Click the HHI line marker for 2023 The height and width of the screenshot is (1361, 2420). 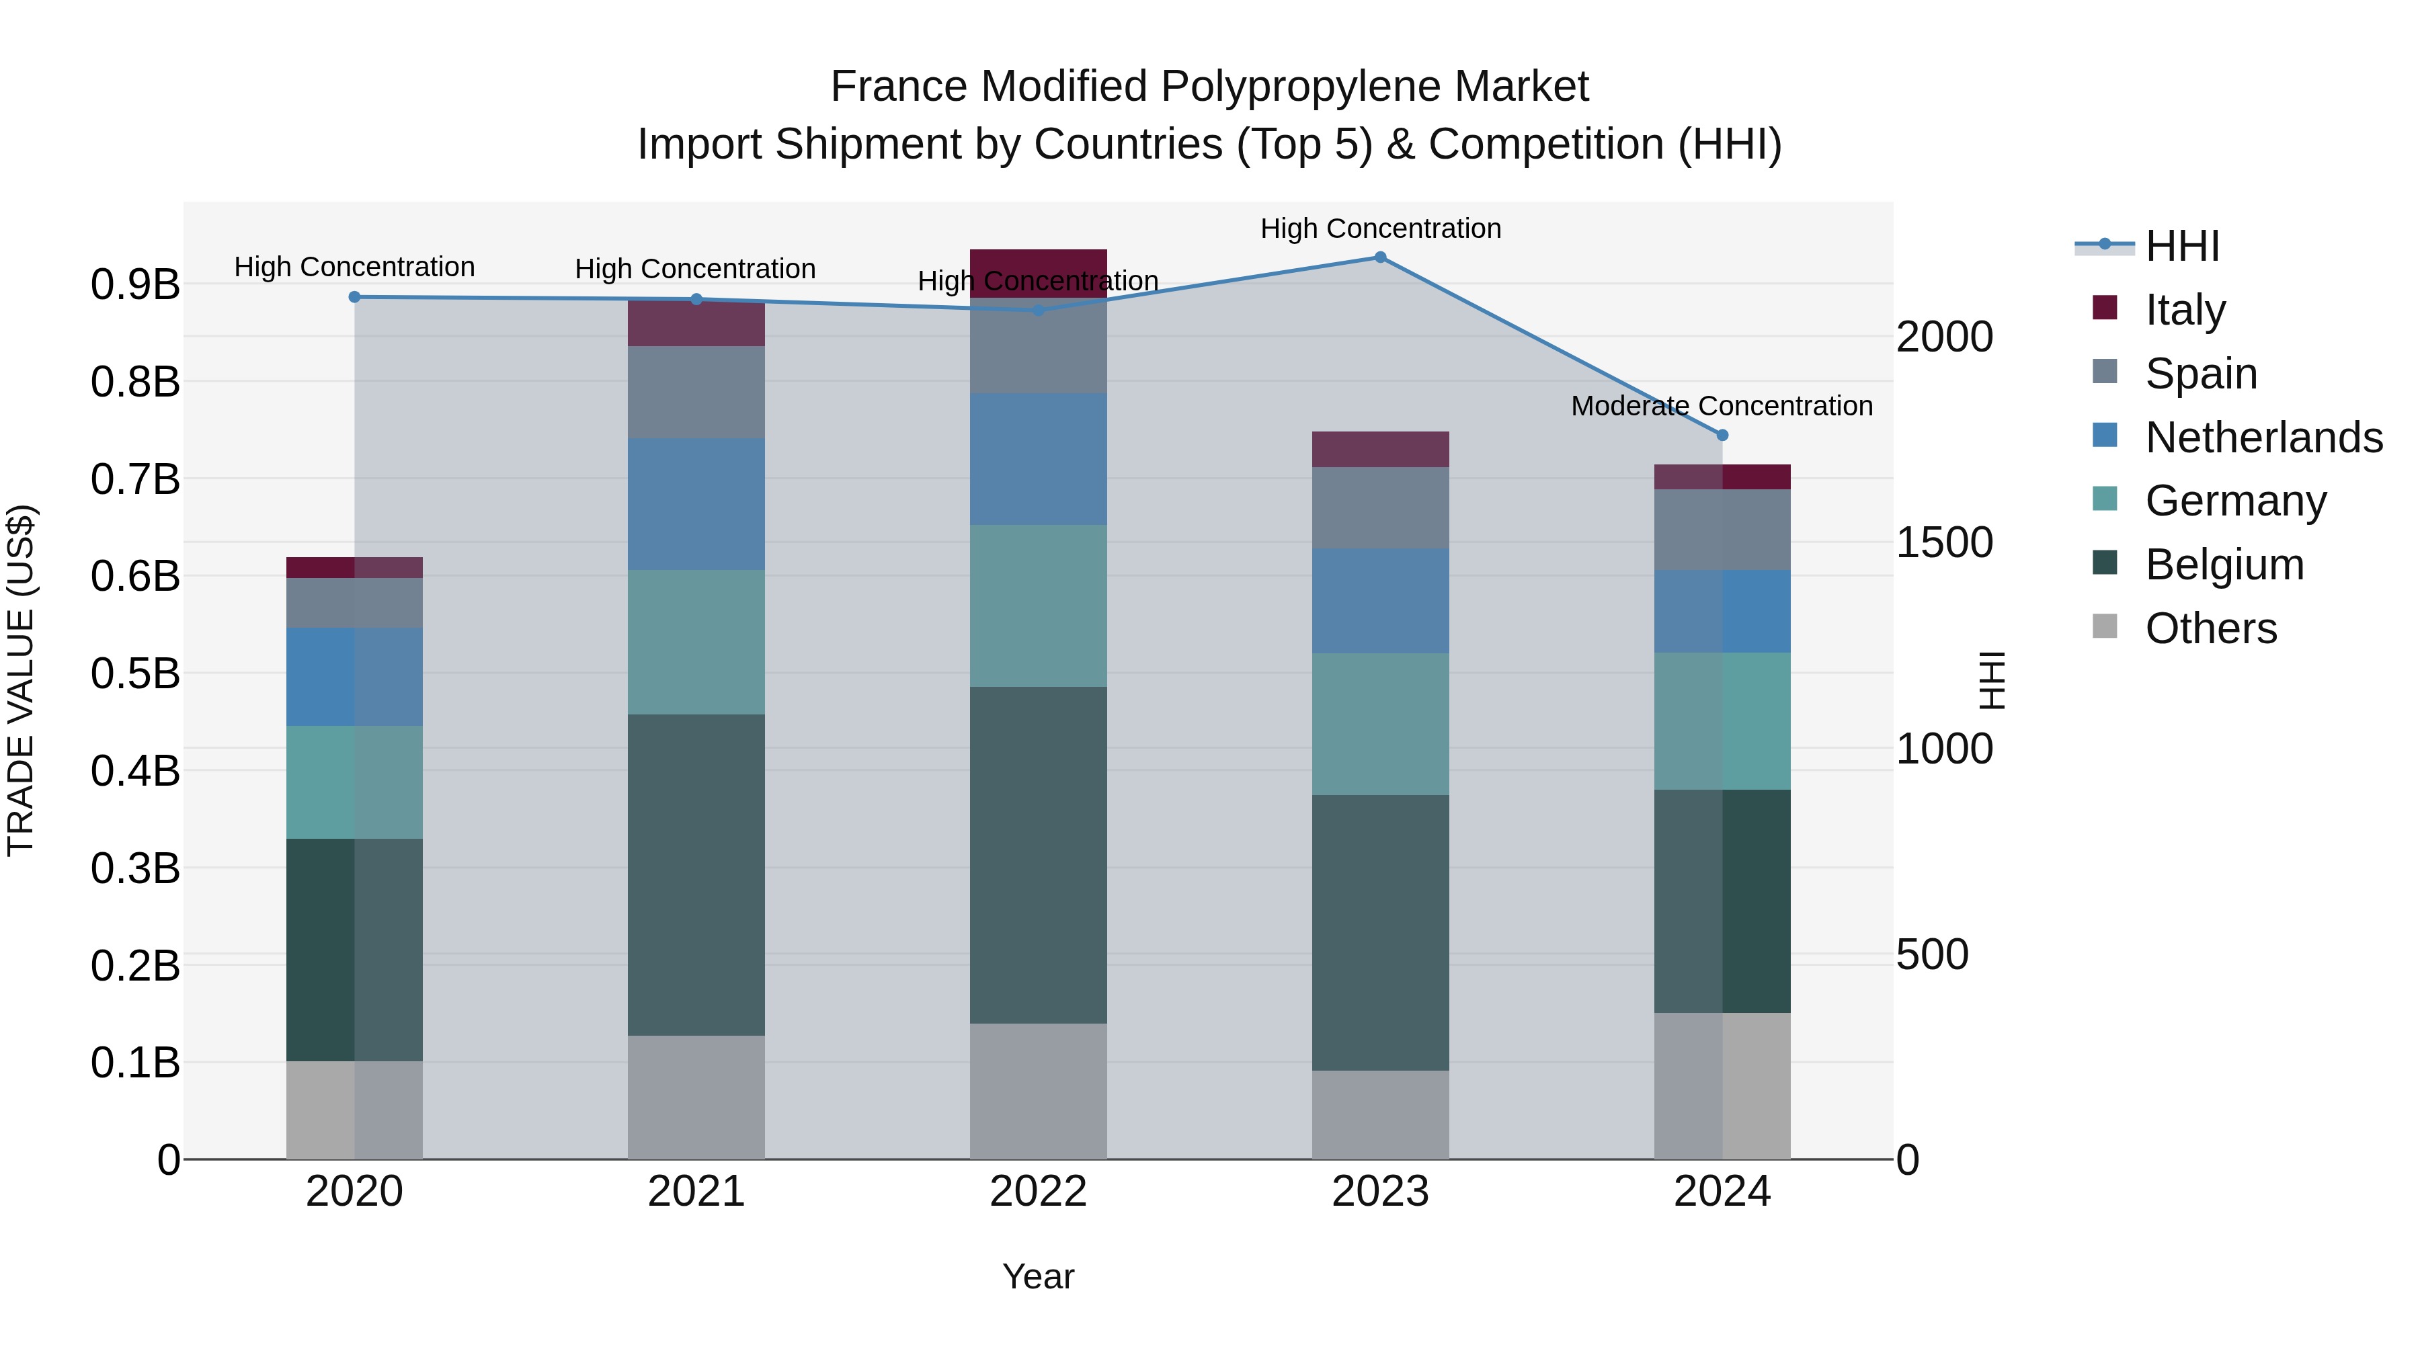(1380, 257)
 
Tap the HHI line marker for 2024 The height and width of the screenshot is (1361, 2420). (1722, 436)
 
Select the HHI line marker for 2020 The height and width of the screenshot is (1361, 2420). (354, 298)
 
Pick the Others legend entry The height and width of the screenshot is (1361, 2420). (2210, 628)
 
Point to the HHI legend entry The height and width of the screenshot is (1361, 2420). (2182, 246)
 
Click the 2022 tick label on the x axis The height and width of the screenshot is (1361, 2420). (1038, 1192)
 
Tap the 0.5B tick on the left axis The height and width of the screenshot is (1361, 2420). (135, 673)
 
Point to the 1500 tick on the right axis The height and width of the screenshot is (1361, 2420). (1943, 543)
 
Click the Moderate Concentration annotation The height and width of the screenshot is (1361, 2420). (1722, 406)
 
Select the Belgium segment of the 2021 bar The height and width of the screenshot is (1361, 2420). (696, 874)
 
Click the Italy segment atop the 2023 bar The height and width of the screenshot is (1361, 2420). (1380, 450)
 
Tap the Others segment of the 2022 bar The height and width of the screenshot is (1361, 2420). (1038, 1091)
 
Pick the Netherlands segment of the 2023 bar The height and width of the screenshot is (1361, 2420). (1380, 601)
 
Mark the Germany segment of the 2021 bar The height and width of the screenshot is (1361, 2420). (696, 643)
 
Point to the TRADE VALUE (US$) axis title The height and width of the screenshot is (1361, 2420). (21, 680)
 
